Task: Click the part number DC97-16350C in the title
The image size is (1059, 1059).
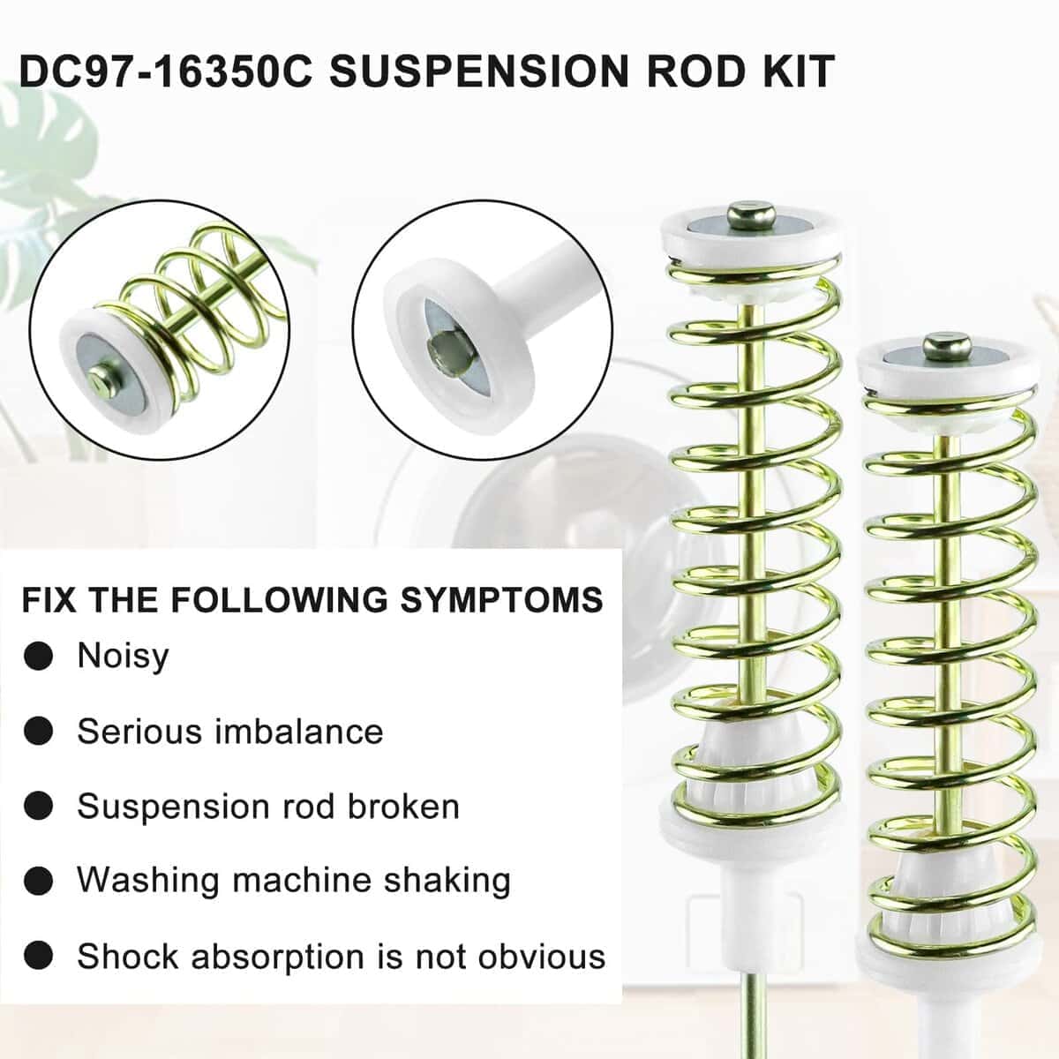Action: click(165, 71)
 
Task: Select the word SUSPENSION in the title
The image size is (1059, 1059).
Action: click(478, 71)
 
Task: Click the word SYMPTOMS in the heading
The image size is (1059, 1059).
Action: click(501, 599)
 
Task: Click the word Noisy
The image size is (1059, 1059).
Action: click(123, 657)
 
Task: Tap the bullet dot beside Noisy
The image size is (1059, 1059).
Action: click(39, 657)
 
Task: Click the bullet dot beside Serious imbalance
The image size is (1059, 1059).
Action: click(39, 731)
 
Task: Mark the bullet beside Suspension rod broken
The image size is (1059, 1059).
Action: click(39, 807)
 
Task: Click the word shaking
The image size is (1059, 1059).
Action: click(447, 882)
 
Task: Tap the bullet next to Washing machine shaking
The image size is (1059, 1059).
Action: click(39, 882)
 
